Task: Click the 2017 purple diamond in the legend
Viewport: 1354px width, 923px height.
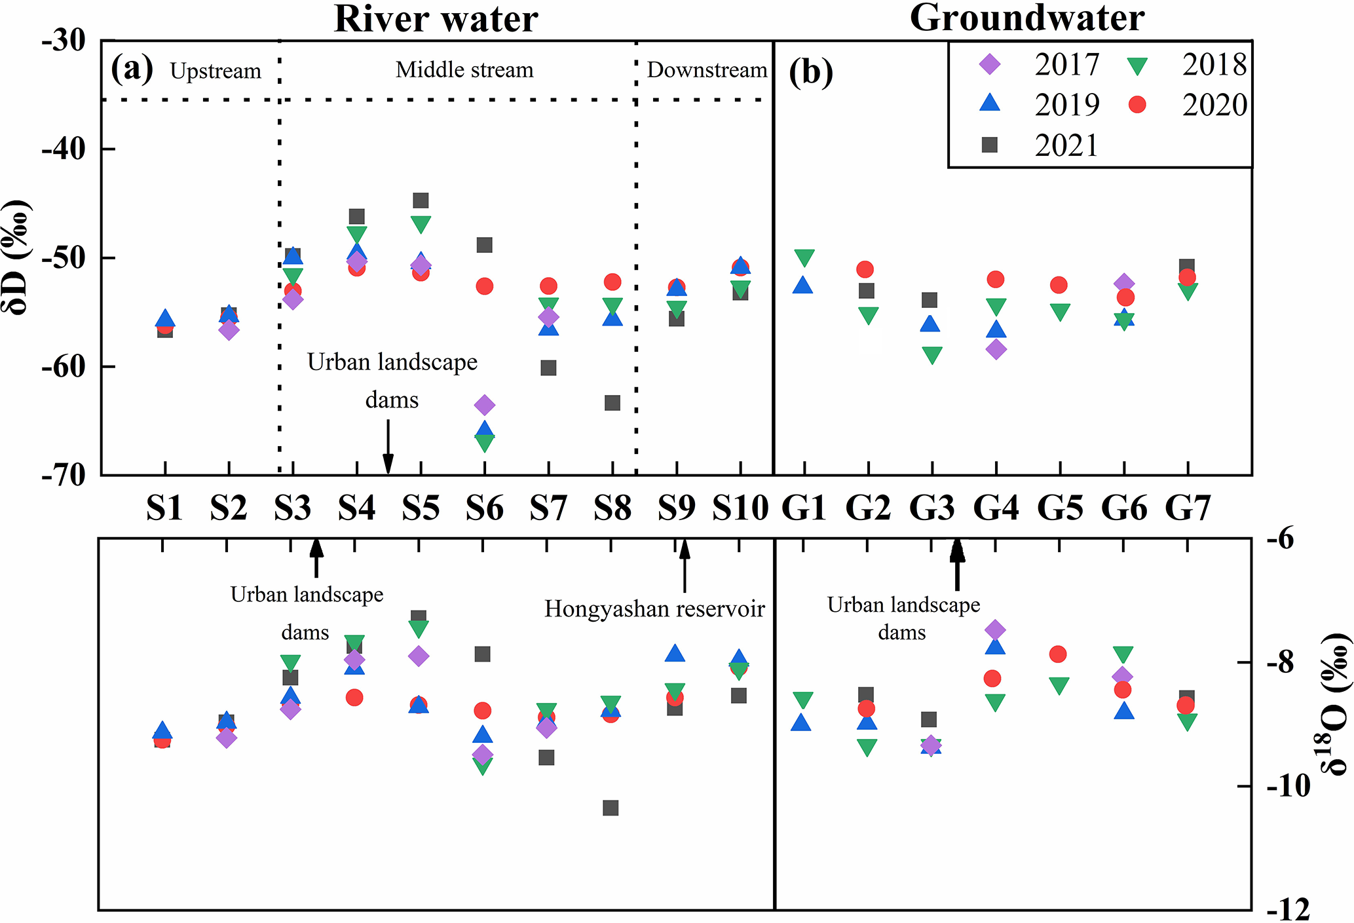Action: coord(990,64)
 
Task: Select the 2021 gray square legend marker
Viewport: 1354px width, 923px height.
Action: coord(990,145)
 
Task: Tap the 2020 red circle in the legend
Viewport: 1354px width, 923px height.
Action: coord(1138,105)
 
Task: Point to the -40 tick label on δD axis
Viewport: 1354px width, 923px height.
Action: coord(64,149)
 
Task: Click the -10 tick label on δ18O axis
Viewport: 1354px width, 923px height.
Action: coord(1288,786)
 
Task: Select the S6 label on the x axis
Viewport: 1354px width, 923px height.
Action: coord(484,508)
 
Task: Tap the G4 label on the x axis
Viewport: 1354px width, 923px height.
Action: coord(996,508)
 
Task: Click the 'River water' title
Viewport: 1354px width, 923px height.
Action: coord(436,18)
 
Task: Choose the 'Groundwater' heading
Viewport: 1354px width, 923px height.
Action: coord(1026,18)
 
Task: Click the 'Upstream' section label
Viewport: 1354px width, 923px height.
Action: coord(216,71)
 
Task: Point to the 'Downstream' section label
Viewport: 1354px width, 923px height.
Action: coord(707,69)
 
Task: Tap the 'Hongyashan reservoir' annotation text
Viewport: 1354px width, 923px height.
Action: coord(654,609)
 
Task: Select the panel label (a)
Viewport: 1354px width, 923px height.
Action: coord(132,68)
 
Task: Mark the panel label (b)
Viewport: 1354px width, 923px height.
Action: coord(811,71)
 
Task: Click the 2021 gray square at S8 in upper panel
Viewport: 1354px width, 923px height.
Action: coord(612,402)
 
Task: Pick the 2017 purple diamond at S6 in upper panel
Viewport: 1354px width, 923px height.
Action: coord(484,405)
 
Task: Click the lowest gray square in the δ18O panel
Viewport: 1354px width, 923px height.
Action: coord(611,808)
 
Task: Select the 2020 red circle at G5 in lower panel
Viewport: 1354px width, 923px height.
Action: coord(1058,654)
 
